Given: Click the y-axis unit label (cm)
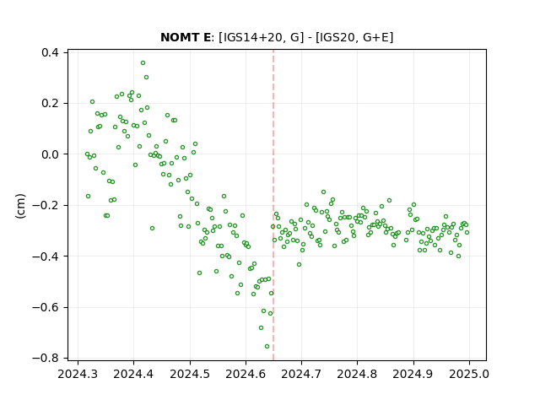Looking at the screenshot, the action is [20, 206].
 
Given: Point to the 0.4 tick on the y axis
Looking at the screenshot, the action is [51, 52].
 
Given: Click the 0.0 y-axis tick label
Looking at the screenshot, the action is [51, 154].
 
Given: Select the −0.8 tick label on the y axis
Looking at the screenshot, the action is [46, 359].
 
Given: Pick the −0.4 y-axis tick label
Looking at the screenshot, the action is [46, 256].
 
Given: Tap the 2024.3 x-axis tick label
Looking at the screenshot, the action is [78, 375].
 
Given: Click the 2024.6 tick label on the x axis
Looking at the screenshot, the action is [246, 375].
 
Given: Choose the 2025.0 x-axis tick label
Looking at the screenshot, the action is [469, 375].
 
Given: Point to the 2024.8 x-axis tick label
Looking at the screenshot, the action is [357, 375].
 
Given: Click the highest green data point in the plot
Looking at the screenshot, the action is [143, 63].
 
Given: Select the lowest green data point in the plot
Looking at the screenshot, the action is [267, 347].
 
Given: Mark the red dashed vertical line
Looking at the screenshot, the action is [273, 205].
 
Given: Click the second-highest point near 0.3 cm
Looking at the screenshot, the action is [146, 78].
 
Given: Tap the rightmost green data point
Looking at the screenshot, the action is [467, 233].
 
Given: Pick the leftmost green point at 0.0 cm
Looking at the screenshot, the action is [87, 154].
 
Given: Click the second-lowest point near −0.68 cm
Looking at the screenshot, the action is [261, 328].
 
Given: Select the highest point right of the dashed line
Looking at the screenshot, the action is [323, 192].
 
